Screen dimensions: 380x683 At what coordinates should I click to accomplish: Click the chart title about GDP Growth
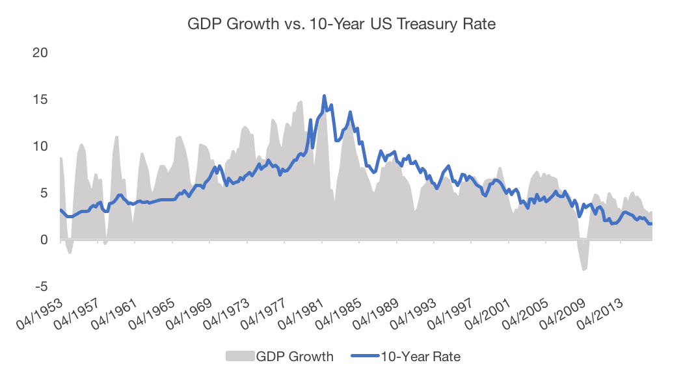[x=341, y=25]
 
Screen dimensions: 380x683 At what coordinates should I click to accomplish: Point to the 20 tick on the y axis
[x=40, y=53]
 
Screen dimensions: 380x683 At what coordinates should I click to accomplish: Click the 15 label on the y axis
[x=41, y=100]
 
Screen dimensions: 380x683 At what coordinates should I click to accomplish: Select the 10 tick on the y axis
[x=41, y=147]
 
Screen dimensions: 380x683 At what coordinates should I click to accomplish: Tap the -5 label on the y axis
[x=40, y=286]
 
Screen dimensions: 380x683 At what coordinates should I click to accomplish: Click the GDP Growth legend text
[x=295, y=356]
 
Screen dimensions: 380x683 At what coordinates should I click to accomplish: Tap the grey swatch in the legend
[x=239, y=356]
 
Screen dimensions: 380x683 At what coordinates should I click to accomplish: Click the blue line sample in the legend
[x=364, y=356]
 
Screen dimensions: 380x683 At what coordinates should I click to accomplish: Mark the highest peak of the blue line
[x=324, y=96]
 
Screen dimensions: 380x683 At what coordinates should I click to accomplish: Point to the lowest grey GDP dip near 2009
[x=584, y=270]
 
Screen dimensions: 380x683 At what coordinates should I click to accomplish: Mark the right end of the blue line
[x=652, y=223]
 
